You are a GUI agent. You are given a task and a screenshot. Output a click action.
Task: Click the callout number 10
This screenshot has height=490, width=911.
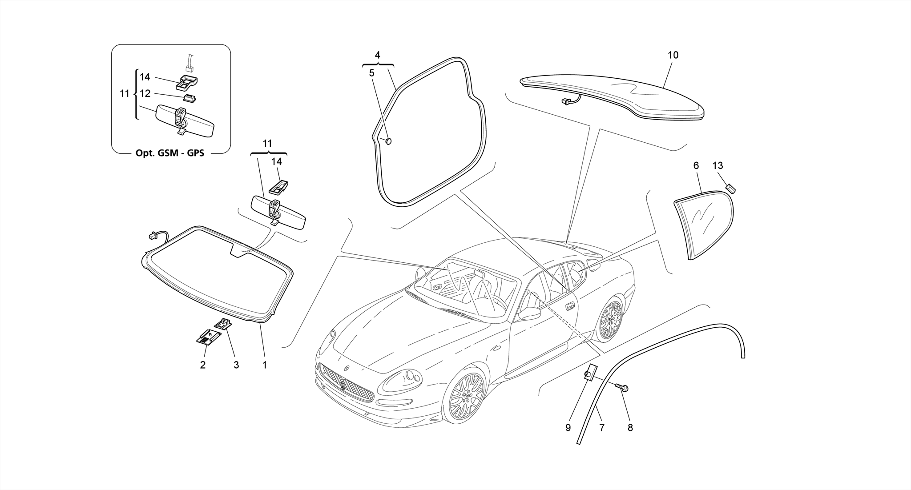point(673,55)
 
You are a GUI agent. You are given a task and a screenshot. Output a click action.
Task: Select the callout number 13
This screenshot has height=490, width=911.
point(718,166)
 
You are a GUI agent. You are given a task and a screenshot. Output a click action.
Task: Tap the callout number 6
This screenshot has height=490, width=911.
point(696,166)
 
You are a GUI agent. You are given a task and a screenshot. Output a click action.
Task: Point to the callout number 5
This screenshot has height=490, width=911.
point(372,73)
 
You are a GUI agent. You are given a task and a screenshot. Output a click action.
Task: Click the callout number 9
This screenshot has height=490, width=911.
point(568,428)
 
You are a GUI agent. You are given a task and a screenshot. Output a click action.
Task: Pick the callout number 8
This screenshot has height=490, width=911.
point(630,428)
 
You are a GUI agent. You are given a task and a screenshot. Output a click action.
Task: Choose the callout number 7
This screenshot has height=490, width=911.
point(601,428)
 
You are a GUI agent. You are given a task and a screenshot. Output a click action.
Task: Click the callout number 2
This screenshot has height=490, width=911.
point(203,365)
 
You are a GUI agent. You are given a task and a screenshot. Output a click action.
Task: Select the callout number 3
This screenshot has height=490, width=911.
point(236,365)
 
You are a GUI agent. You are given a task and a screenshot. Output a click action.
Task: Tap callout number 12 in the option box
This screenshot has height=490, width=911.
point(145,94)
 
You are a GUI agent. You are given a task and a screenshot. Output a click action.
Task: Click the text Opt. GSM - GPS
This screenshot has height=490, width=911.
point(169,153)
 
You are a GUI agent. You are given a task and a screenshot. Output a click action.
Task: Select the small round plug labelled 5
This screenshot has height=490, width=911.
point(388,141)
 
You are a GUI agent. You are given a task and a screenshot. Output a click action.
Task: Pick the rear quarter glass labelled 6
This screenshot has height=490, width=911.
point(703,225)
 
